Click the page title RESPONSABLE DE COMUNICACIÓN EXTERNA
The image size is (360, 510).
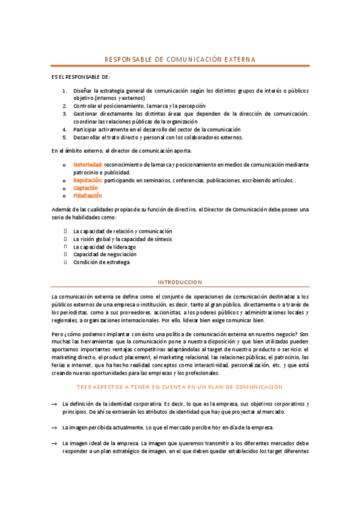[180, 60]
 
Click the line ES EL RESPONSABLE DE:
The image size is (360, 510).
[81, 78]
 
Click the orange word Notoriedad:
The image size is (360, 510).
[88, 164]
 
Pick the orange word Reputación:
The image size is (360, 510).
[88, 180]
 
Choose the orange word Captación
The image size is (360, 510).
[85, 188]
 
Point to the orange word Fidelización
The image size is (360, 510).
[87, 195]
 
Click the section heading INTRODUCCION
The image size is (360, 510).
[180, 282]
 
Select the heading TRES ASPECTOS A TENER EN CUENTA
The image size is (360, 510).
[180, 371]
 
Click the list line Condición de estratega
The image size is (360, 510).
[101, 262]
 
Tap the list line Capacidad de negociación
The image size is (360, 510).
[103, 254]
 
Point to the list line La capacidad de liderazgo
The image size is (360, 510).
[104, 247]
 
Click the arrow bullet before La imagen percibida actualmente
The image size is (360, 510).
[55, 428]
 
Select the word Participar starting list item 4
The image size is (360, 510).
[85, 129]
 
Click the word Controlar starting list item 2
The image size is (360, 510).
[85, 106]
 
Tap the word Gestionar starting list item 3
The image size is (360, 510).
[85, 114]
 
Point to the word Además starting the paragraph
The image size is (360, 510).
[62, 209]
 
